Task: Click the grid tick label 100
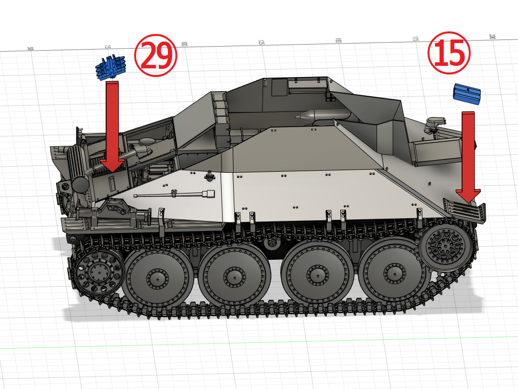pos(184,45)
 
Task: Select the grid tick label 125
pos(262,43)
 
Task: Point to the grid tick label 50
pos(30,49)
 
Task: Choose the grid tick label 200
pos(492,37)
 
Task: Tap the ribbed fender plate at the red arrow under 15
pos(464,210)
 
